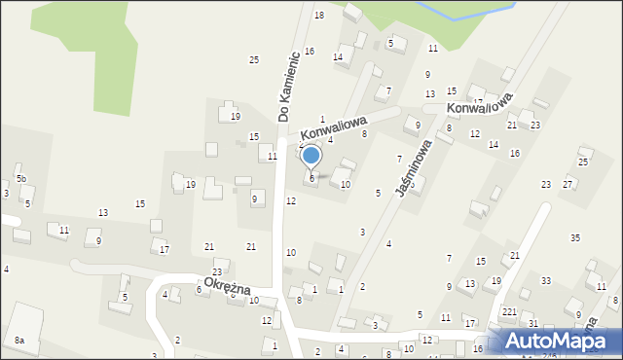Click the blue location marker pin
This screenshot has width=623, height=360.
coord(311,156)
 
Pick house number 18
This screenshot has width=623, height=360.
coord(319,16)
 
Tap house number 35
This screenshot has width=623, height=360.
coord(575,238)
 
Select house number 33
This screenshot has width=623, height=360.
coord(546,281)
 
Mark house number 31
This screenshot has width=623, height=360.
coord(533,323)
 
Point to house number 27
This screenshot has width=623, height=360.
coord(568,184)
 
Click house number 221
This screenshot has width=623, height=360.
coord(509,311)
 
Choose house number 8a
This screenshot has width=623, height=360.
coord(19,341)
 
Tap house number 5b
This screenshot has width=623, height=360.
coord(20,179)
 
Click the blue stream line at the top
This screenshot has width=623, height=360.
coord(458,12)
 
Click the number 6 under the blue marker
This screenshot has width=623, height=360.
coord(311,178)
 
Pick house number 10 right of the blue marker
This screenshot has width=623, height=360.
coord(346,184)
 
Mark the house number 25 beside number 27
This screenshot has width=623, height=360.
coord(582,162)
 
